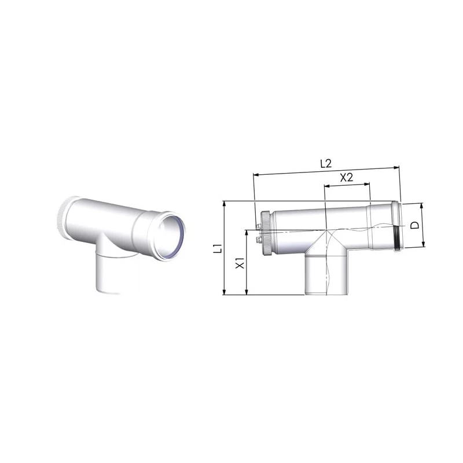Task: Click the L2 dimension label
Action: pos(326,164)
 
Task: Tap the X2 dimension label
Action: pos(347,178)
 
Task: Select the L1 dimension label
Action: pos(218,248)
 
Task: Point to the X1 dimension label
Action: pos(240,263)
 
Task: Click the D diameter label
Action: pos(415,225)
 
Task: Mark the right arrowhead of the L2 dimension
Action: pos(397,167)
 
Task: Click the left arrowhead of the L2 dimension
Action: pos(256,175)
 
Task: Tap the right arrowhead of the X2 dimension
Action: pos(367,184)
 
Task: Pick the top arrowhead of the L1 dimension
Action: pos(225,204)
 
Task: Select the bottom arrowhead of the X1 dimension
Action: pos(247,292)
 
